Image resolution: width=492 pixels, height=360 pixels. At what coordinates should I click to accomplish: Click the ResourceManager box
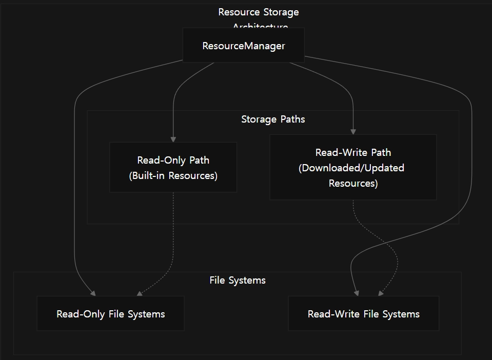(x=243, y=46)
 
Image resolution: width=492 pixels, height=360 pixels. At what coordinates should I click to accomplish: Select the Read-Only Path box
(x=173, y=167)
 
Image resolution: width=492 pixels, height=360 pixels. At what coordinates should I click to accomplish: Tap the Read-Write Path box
(x=353, y=167)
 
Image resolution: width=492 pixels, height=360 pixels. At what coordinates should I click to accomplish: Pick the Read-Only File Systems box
(x=110, y=313)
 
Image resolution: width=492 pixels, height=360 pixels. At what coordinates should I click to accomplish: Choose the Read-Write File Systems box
(x=363, y=313)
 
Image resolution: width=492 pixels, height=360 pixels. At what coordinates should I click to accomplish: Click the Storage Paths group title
(x=273, y=119)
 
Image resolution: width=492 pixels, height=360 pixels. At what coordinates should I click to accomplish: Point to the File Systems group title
(x=238, y=281)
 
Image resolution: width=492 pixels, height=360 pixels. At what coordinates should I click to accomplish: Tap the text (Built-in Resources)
(x=173, y=176)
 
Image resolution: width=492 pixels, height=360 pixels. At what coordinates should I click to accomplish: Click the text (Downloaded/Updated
(x=351, y=168)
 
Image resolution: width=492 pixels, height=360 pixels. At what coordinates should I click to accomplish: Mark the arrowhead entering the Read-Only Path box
(x=173, y=139)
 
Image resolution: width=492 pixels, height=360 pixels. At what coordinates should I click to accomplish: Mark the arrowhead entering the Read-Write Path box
(x=353, y=132)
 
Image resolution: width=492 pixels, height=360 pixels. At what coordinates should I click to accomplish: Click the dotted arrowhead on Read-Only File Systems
(x=140, y=293)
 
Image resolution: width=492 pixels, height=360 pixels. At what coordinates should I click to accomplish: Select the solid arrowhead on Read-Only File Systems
(x=93, y=293)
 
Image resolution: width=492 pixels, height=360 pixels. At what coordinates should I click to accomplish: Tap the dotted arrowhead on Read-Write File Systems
(x=381, y=293)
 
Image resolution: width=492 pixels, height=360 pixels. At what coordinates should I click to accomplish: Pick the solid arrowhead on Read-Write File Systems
(x=357, y=293)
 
